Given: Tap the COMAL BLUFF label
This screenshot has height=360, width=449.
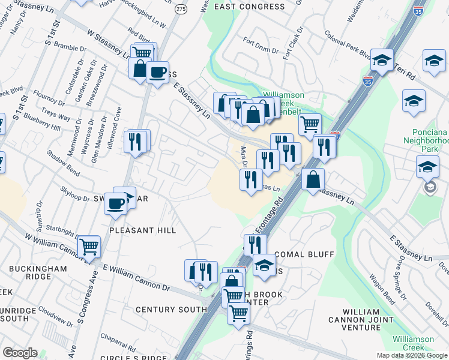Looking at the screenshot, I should (304, 254).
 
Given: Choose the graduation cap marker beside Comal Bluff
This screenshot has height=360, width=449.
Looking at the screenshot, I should (264, 265).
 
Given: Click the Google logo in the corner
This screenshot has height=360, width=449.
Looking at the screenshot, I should (20, 353).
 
